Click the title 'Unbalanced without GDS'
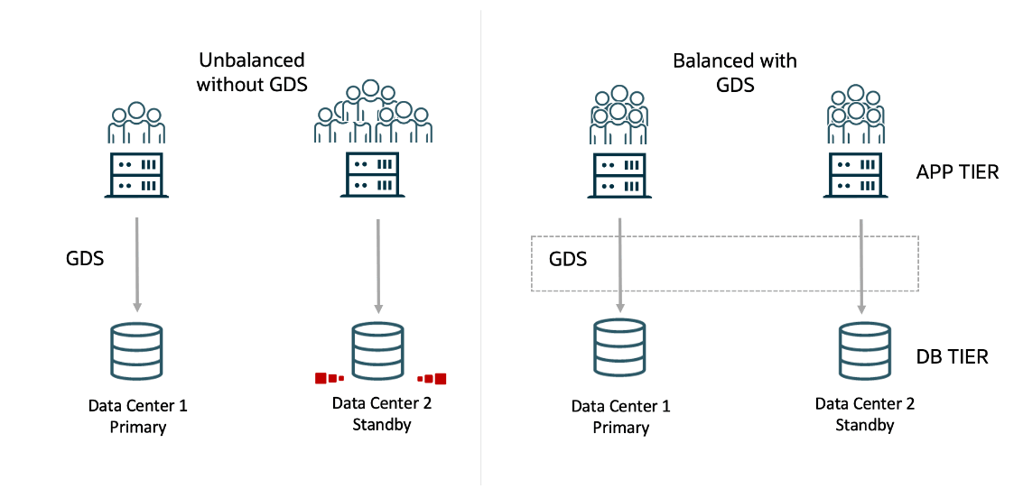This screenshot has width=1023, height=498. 253,72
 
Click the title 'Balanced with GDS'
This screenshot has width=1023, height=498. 735,73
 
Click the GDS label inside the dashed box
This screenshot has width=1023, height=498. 568,260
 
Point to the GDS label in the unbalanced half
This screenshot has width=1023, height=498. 85,259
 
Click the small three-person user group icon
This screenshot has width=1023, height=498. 136,123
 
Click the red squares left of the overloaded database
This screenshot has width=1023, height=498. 329,378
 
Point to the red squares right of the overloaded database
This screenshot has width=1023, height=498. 432,378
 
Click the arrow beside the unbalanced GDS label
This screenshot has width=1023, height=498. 137,264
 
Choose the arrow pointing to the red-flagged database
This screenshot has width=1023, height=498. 378,264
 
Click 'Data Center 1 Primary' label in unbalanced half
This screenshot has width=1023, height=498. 137,417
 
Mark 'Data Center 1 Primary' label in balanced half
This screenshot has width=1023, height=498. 620,417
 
